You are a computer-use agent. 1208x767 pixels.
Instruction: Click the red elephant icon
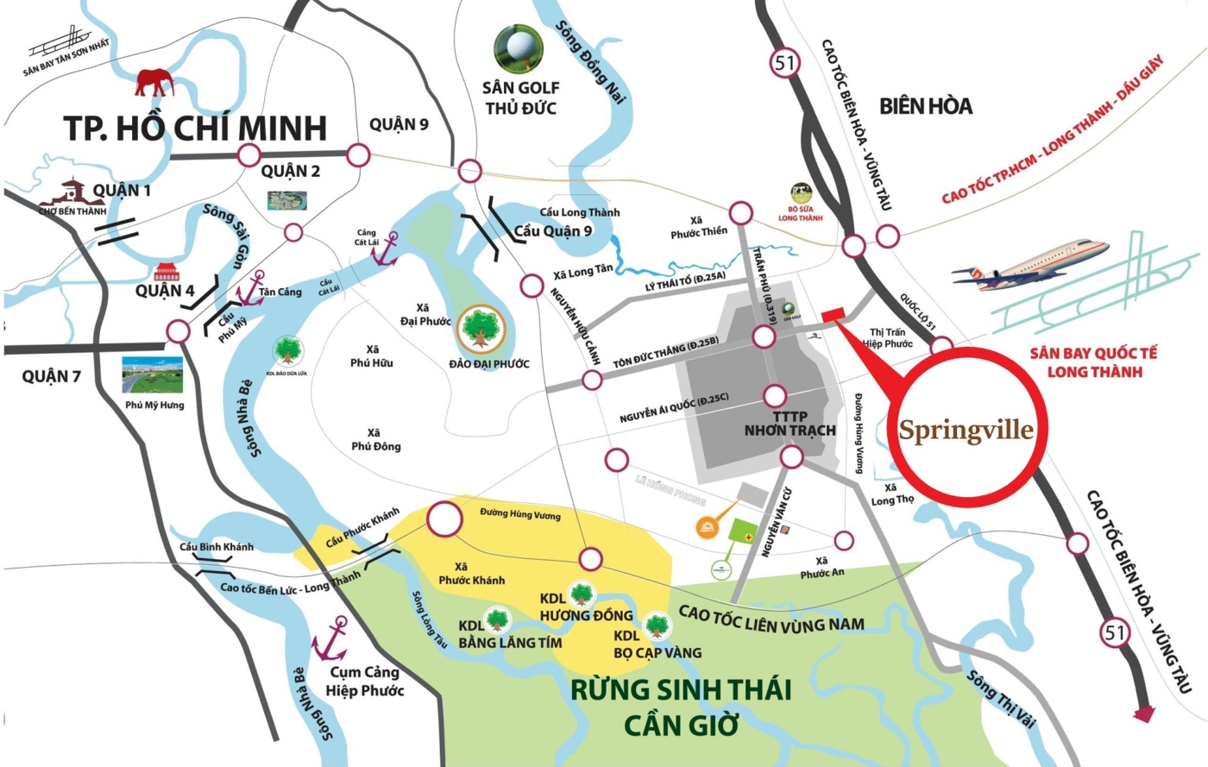pyautogui.click(x=154, y=83)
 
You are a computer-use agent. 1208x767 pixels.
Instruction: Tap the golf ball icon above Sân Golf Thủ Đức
pyautogui.click(x=519, y=49)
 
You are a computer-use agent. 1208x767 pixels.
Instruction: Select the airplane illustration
pyautogui.click(x=1031, y=261)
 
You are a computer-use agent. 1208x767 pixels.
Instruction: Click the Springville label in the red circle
pyautogui.click(x=966, y=430)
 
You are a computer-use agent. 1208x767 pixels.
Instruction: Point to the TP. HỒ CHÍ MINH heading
pyautogui.click(x=195, y=128)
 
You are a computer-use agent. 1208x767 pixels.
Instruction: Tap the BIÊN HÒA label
pyautogui.click(x=926, y=106)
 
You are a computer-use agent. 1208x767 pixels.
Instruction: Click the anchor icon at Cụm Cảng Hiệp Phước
pyautogui.click(x=330, y=639)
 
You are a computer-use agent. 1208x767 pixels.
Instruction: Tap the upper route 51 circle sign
pyautogui.click(x=784, y=63)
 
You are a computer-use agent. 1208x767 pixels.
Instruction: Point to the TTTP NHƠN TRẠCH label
pyautogui.click(x=790, y=424)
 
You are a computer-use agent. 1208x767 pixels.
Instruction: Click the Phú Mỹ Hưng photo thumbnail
pyautogui.click(x=154, y=374)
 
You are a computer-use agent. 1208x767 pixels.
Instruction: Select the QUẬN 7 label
pyautogui.click(x=51, y=376)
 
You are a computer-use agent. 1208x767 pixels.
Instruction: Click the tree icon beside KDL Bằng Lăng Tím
pyautogui.click(x=497, y=619)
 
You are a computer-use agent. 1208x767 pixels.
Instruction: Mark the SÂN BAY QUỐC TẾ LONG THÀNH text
pyautogui.click(x=1093, y=362)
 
